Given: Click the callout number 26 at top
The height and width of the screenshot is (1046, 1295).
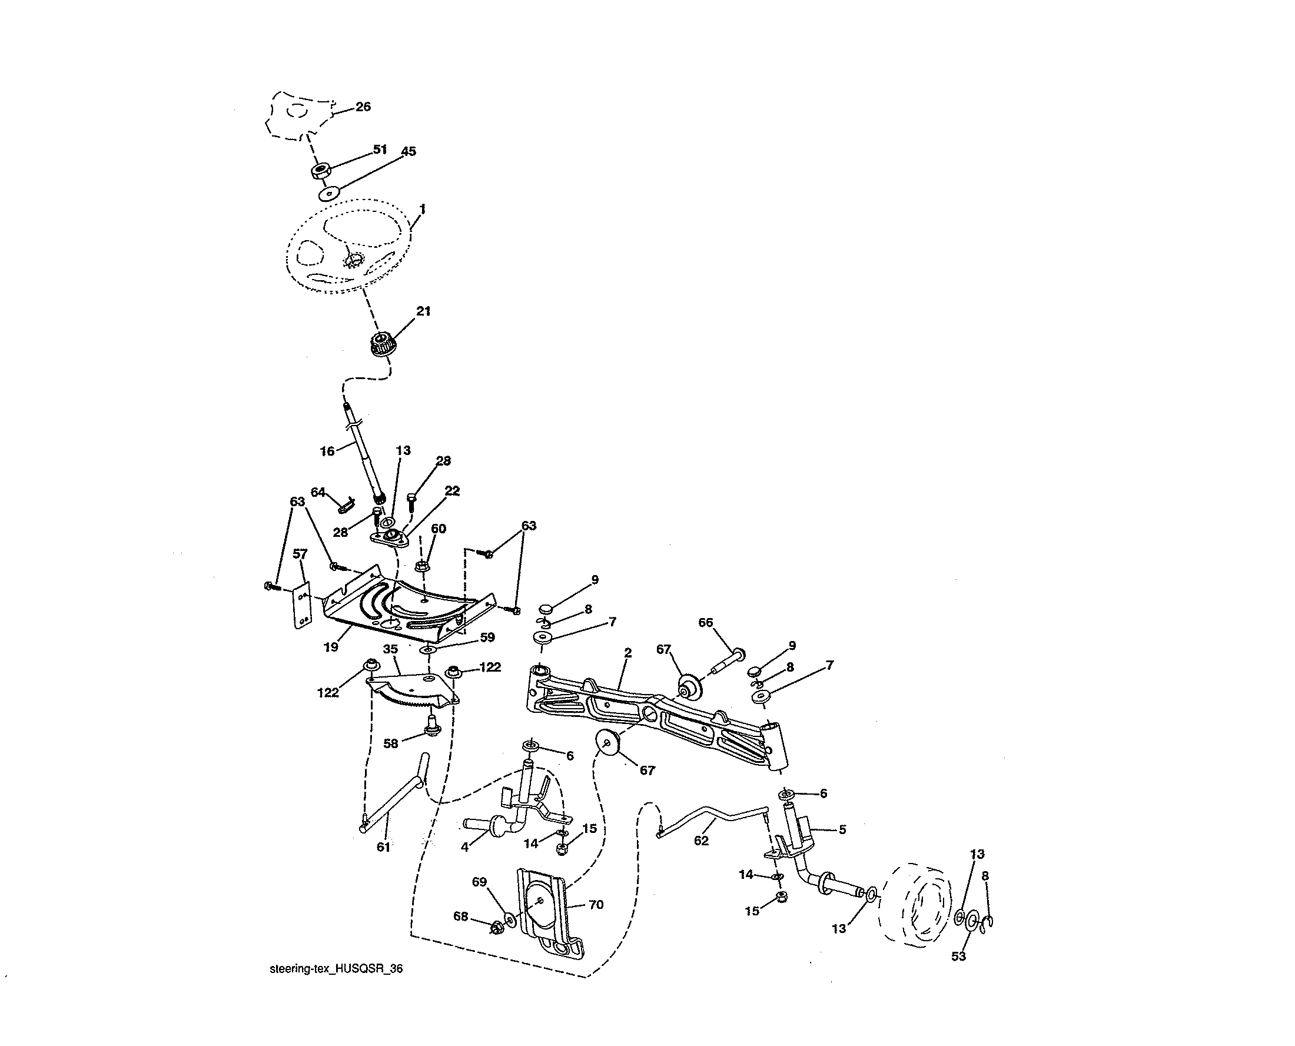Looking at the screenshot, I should [363, 107].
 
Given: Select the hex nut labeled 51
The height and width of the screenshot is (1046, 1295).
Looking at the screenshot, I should [320, 171].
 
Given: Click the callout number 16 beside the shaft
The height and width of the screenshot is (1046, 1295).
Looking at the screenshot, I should [327, 451].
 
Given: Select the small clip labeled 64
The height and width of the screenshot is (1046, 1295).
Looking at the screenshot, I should [347, 503].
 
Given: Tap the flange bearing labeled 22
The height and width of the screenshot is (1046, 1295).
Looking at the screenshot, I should [390, 536].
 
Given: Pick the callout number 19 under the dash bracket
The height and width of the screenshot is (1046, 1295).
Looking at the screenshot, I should [331, 647].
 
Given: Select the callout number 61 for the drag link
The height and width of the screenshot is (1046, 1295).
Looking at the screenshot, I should [383, 847].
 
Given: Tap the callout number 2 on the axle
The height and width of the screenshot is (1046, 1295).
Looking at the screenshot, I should [628, 653].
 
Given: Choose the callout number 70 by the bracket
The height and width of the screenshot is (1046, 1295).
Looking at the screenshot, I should [595, 904].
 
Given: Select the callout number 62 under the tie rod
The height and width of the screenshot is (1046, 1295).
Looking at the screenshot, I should [702, 840].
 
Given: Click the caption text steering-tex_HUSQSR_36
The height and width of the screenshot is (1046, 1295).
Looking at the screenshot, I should [336, 969].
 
